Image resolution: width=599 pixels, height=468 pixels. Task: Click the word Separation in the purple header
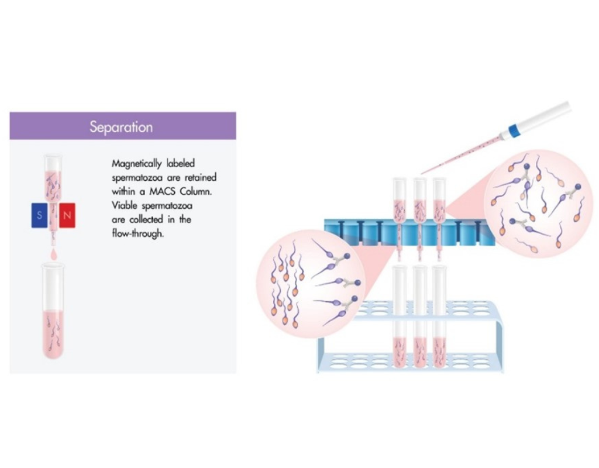click(x=121, y=127)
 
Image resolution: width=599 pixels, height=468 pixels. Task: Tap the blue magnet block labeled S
click(x=39, y=215)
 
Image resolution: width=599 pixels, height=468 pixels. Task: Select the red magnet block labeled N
click(x=67, y=215)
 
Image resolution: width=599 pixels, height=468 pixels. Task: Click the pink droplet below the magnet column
click(x=53, y=254)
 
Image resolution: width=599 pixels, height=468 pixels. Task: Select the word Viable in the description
click(x=125, y=205)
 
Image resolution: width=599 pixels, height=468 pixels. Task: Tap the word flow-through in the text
click(x=138, y=233)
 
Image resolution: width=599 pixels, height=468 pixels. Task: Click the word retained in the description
click(x=200, y=177)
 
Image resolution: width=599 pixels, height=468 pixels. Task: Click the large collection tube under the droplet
click(x=53, y=311)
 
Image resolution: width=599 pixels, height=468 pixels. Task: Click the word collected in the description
click(x=146, y=219)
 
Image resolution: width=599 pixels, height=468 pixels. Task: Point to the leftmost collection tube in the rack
click(x=400, y=316)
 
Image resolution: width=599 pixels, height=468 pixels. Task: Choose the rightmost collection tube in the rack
click(x=439, y=316)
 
